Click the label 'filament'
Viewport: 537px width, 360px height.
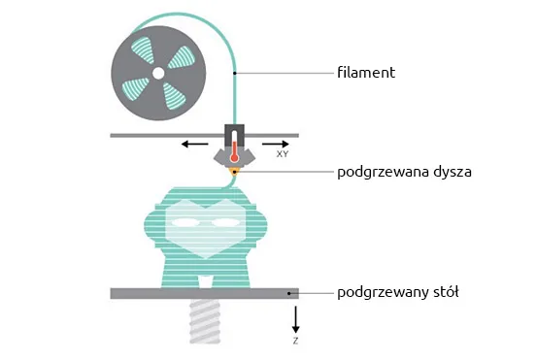point(365,73)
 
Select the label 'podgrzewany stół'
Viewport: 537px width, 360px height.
point(395,292)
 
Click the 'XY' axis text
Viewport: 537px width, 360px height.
point(282,154)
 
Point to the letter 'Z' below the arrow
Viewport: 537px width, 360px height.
point(296,342)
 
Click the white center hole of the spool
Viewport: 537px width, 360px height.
point(156,73)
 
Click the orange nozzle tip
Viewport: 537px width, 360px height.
point(234,171)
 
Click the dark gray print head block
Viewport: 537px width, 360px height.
point(234,132)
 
